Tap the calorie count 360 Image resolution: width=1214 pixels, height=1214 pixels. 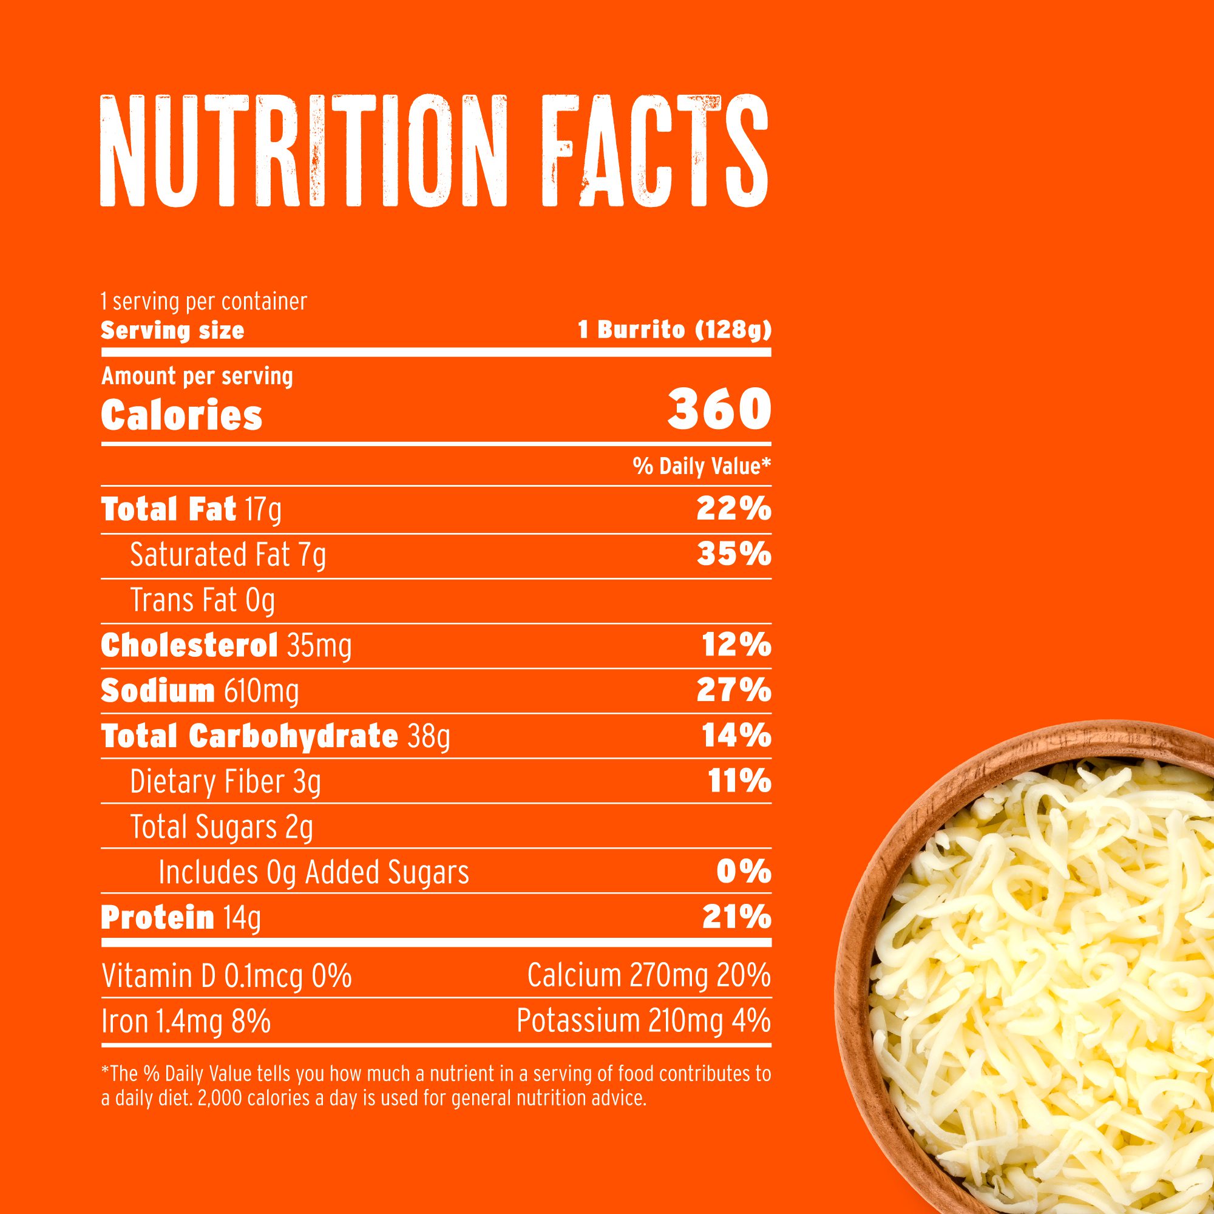point(719,409)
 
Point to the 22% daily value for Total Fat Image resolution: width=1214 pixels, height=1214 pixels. point(733,509)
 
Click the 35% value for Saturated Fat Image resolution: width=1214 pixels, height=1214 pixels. point(733,554)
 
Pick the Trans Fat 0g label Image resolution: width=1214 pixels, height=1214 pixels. point(202,600)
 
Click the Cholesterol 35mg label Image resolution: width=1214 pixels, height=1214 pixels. point(226,645)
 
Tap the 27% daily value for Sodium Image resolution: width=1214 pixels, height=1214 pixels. point(733,691)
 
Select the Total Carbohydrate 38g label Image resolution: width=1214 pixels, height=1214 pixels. point(275,736)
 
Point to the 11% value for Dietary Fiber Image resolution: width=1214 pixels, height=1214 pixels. point(739,782)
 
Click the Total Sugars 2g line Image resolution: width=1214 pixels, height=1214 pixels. point(221,827)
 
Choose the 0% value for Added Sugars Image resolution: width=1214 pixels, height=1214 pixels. point(744,872)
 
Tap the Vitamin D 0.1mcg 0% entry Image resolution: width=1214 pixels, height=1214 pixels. point(226,976)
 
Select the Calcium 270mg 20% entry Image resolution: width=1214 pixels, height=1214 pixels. point(648,976)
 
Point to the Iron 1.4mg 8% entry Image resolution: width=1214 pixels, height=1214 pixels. point(186,1021)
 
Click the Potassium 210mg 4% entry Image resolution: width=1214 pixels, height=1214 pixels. point(643,1021)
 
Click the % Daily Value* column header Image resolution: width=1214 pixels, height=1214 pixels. point(701,466)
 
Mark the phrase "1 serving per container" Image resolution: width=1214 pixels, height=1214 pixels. point(204,302)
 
